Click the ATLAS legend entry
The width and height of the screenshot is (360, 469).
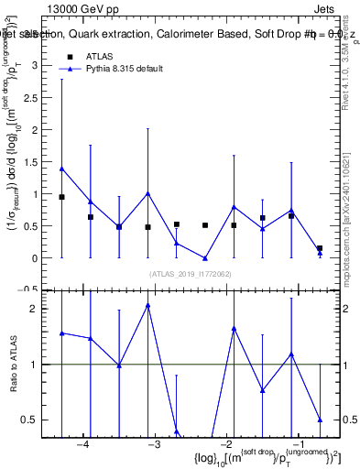click(100, 56)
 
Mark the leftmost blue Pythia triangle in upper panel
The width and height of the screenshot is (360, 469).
click(61, 169)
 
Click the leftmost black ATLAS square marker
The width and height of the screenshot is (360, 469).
click(61, 197)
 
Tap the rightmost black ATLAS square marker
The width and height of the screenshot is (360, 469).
click(320, 248)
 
